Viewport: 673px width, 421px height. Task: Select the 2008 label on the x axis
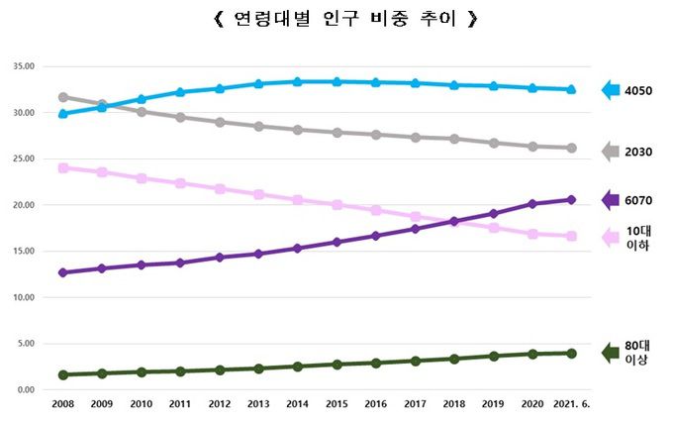pyautogui.click(x=62, y=404)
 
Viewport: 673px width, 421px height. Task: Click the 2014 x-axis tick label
pyautogui.click(x=296, y=404)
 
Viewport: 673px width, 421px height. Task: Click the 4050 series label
pyautogui.click(x=639, y=91)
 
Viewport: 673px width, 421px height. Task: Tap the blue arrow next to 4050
pyautogui.click(x=611, y=90)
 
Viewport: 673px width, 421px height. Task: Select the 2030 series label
pyautogui.click(x=639, y=152)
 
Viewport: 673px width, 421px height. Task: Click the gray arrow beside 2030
pyautogui.click(x=611, y=151)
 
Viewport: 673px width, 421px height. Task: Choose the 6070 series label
pyautogui.click(x=639, y=200)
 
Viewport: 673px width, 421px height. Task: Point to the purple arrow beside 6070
pyautogui.click(x=611, y=200)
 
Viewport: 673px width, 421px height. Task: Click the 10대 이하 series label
pyautogui.click(x=638, y=238)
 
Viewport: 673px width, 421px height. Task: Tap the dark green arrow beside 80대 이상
pyautogui.click(x=611, y=352)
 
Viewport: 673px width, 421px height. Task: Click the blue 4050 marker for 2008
pyautogui.click(x=63, y=114)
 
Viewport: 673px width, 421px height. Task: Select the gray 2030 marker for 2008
pyautogui.click(x=63, y=97)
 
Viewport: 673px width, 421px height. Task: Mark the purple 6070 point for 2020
pyautogui.click(x=532, y=204)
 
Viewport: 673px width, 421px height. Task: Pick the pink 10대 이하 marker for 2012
pyautogui.click(x=219, y=188)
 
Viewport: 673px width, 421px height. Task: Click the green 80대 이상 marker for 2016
pyautogui.click(x=375, y=363)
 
